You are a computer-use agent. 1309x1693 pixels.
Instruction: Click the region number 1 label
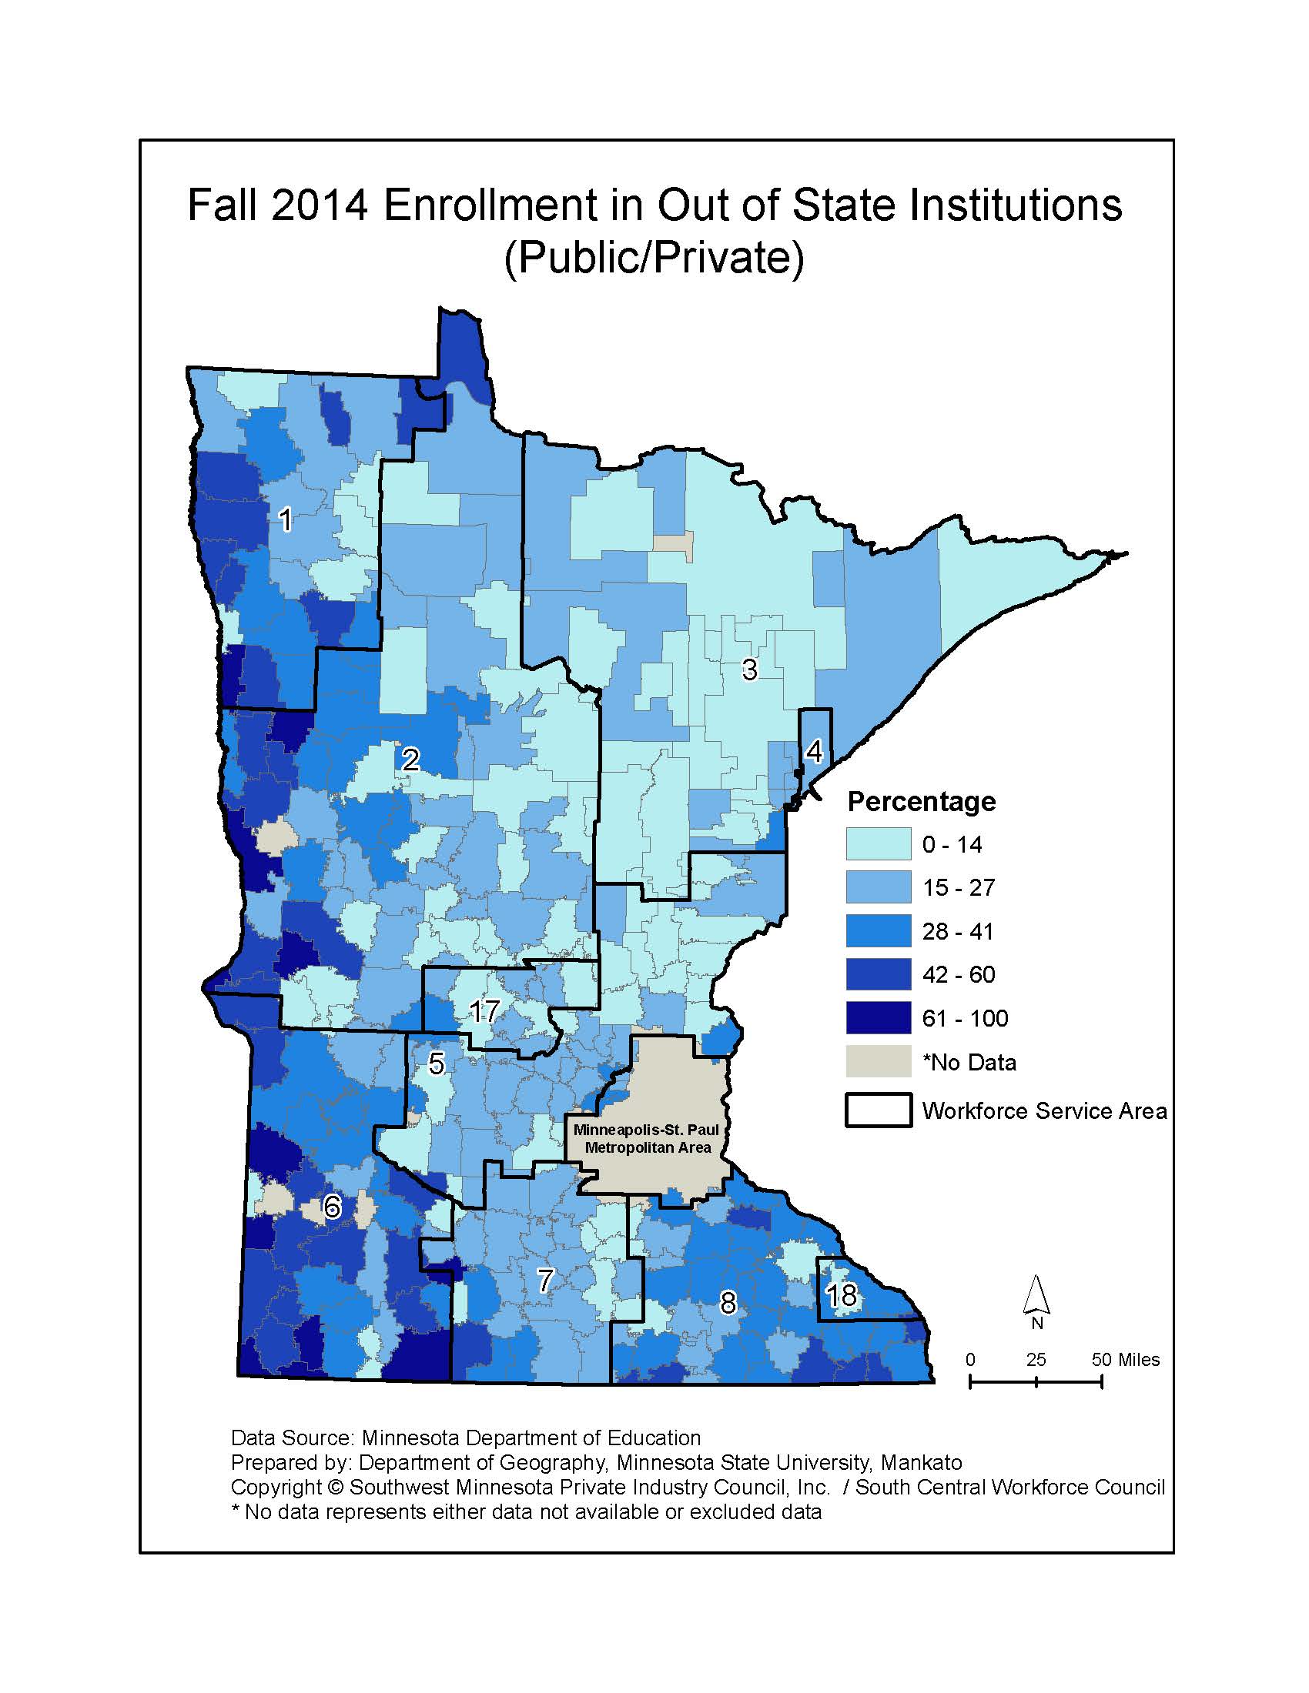286,519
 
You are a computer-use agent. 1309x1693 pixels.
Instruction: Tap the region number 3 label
749,669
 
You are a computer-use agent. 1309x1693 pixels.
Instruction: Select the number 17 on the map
484,1011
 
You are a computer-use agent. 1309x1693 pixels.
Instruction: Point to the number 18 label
841,1294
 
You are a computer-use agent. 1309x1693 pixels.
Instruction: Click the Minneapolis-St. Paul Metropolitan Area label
647,1139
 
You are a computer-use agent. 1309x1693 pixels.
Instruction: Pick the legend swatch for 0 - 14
878,844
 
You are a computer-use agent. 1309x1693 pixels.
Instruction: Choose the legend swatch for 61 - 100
878,1018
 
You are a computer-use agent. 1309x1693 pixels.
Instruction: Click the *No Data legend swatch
878,1061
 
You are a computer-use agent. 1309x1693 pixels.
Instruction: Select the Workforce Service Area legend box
878,1110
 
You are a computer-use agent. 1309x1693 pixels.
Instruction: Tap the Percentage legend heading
920,801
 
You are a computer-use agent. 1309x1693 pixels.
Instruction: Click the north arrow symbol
1037,1297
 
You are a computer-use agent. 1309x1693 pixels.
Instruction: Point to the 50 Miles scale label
1125,1359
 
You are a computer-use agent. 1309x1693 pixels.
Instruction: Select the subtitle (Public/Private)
654,257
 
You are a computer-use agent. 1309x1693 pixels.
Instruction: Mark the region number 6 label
332,1207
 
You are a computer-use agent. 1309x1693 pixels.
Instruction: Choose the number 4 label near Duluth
813,751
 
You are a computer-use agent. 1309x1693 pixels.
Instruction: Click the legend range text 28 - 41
957,931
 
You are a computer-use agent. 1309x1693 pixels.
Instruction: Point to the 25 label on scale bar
1036,1359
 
